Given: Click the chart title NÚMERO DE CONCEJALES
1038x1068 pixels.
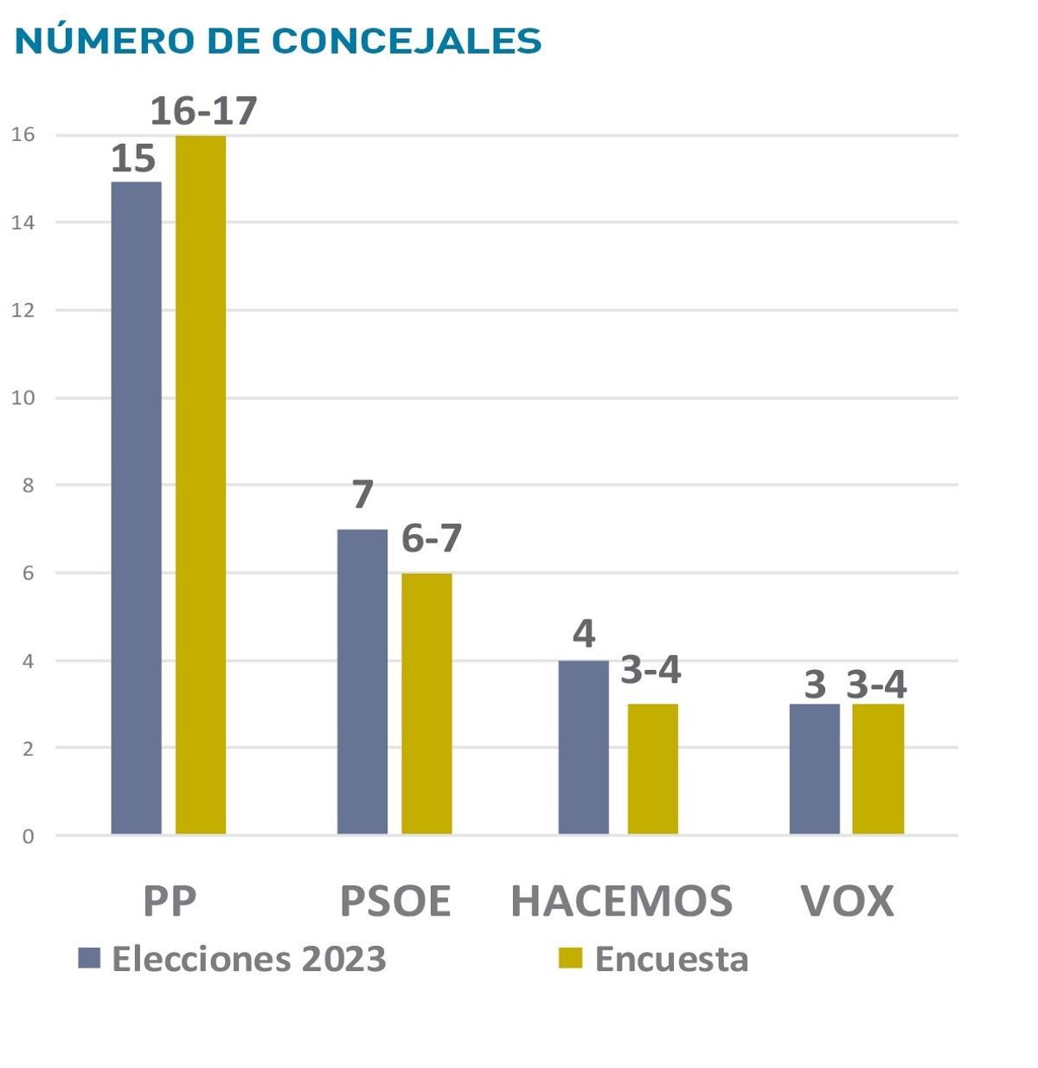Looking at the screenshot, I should point(278,41).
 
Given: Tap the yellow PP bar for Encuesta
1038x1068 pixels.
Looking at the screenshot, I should point(201,485).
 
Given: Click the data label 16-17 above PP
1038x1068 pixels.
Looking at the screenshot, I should point(204,111).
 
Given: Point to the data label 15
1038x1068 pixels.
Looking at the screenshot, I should point(133,159).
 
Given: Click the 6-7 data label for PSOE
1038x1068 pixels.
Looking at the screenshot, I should point(432,538).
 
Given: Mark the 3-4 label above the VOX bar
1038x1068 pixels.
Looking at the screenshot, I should point(876,685).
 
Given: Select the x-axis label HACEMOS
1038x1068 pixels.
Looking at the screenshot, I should point(621,901).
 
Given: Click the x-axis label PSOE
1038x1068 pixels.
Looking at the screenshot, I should point(395,901).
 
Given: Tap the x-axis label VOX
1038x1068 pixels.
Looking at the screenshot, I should point(847,901).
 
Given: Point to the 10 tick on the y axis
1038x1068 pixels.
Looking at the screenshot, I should point(23,398).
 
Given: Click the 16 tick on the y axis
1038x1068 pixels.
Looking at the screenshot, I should point(23,134).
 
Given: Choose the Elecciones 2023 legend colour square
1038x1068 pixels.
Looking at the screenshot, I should point(89,958).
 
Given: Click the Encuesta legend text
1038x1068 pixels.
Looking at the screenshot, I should point(671,959).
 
